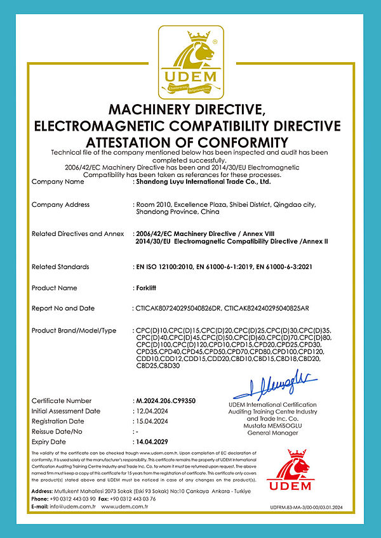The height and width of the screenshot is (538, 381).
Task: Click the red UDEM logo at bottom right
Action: coord(290,471)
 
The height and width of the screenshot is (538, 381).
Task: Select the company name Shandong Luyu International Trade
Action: coord(204,181)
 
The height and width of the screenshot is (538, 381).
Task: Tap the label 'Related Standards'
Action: coord(60,267)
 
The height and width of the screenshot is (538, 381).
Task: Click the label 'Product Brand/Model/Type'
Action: coord(74,331)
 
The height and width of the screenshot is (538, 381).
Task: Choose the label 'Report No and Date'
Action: coord(63,308)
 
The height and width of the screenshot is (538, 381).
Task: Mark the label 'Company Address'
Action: coord(61,205)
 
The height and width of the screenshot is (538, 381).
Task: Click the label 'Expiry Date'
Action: coord(49,442)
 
